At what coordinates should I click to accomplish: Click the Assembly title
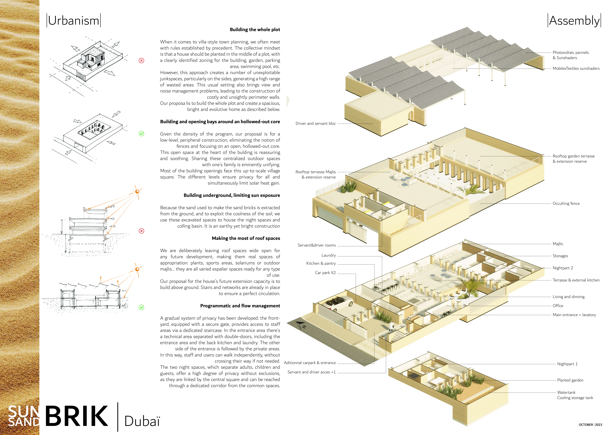click(574, 21)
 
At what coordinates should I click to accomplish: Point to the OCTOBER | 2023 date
click(590, 425)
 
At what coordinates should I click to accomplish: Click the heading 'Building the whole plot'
click(255, 29)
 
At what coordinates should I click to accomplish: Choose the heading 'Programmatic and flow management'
click(240, 306)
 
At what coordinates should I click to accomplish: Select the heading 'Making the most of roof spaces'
click(246, 238)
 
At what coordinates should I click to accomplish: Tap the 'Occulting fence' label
click(566, 203)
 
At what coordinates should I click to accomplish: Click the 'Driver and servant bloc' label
click(316, 124)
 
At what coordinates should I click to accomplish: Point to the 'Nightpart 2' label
click(563, 268)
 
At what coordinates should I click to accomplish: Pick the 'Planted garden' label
click(570, 380)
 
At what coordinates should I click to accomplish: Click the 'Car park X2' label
click(325, 273)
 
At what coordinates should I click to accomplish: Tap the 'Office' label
click(558, 306)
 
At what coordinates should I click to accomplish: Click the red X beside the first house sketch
click(141, 61)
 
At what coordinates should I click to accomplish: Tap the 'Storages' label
click(560, 256)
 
